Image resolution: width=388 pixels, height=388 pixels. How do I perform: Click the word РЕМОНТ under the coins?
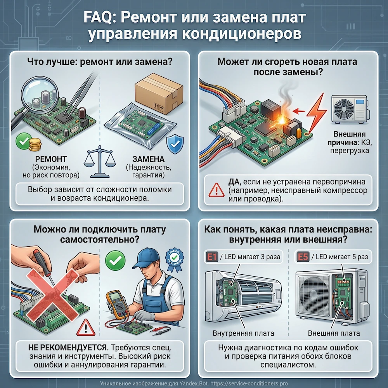(51, 159)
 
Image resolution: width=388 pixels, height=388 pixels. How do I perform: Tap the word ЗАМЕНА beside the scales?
(148, 159)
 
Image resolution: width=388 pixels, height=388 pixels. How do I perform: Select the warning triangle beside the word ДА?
(215, 190)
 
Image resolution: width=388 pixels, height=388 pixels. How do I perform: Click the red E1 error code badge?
(211, 256)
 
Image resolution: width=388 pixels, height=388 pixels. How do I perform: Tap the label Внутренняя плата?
(243, 333)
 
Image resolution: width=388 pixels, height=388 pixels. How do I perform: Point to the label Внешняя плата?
(334, 333)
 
